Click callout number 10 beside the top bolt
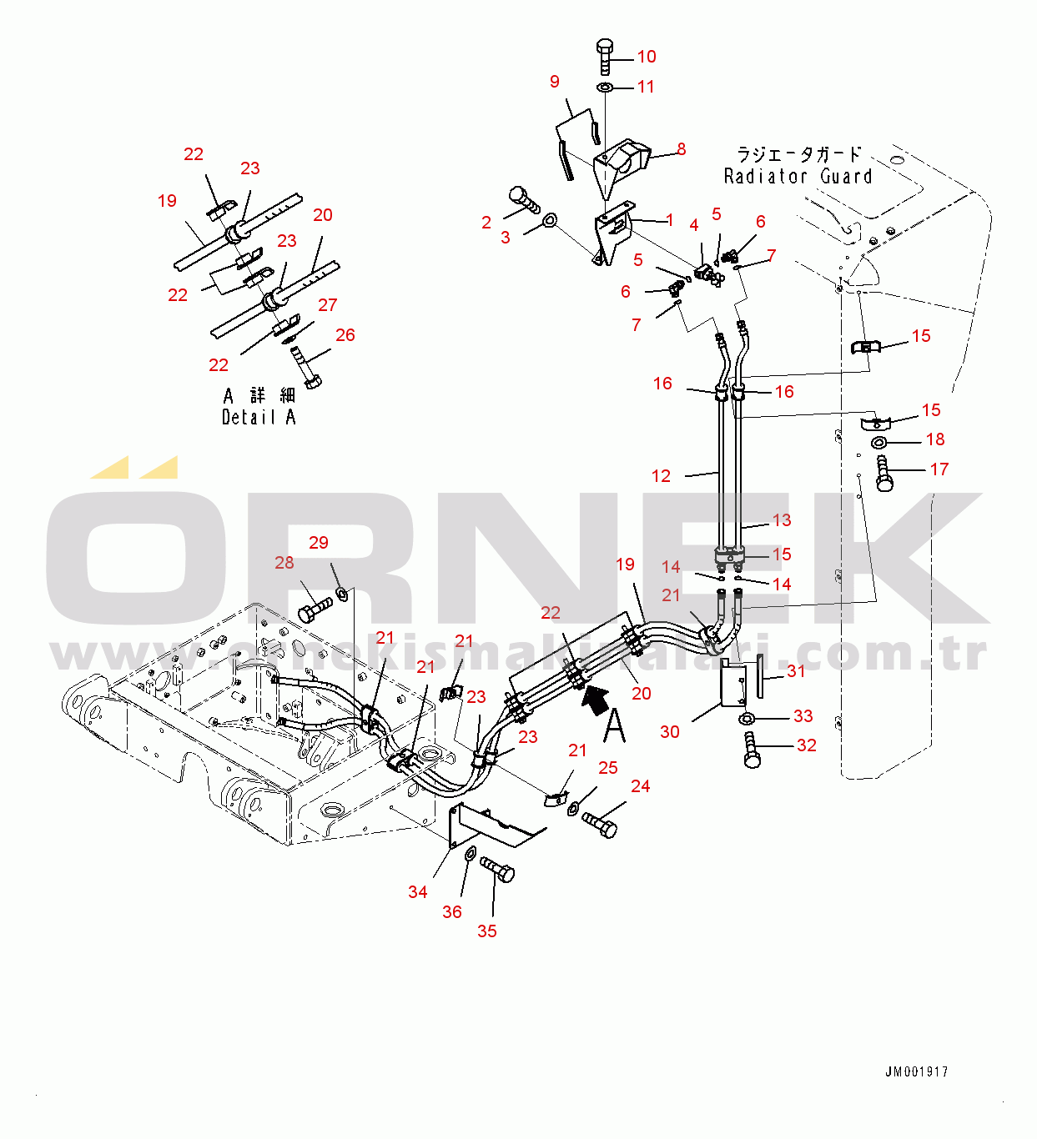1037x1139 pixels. (x=647, y=57)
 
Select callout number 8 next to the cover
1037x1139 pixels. (x=681, y=149)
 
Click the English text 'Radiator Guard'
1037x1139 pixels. (x=798, y=177)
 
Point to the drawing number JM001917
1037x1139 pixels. (x=916, y=1072)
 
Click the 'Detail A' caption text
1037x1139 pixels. (x=259, y=417)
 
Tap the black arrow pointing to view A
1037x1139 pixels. (x=595, y=699)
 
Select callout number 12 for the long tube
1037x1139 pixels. (x=661, y=476)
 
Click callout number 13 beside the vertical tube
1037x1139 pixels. (x=781, y=520)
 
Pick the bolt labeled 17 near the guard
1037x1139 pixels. (x=884, y=474)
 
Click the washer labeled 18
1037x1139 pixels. (x=880, y=442)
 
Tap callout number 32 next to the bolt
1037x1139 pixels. (x=806, y=745)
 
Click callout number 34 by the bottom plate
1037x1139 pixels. (x=418, y=892)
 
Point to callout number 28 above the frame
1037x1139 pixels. (x=284, y=563)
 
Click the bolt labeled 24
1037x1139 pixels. (x=601, y=825)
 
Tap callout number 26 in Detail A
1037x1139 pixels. (x=345, y=335)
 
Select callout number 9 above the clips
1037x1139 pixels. (x=555, y=82)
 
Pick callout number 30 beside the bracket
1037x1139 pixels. (x=670, y=732)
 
